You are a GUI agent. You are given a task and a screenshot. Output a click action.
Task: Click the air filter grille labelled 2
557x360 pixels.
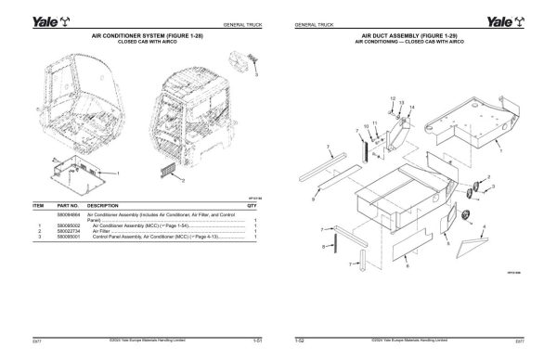point(167,169)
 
